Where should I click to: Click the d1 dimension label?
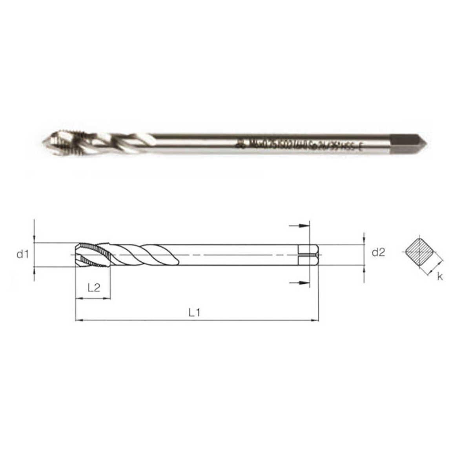[22, 254]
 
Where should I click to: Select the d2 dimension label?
[378, 253]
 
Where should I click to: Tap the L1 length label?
[195, 312]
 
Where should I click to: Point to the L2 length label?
[93, 288]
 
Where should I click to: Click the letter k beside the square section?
[440, 277]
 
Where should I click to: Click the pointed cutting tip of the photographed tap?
[44, 140]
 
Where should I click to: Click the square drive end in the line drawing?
[308, 255]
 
